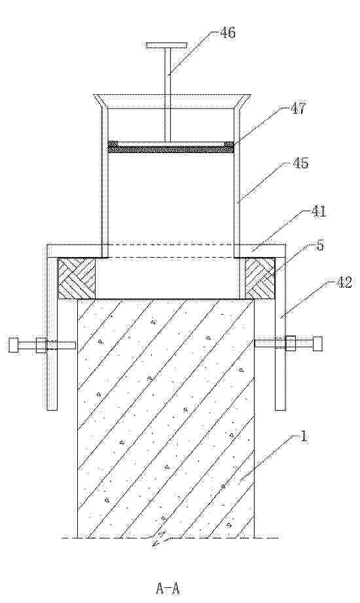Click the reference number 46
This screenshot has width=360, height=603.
[228, 33]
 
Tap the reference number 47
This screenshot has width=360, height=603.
[297, 109]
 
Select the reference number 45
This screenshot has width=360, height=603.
[300, 164]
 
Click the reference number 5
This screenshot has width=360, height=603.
[319, 245]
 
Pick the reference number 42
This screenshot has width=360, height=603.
[344, 283]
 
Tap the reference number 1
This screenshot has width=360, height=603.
[304, 437]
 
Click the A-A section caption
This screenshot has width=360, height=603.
[168, 588]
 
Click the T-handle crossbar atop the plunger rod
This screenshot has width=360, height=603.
[166, 46]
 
